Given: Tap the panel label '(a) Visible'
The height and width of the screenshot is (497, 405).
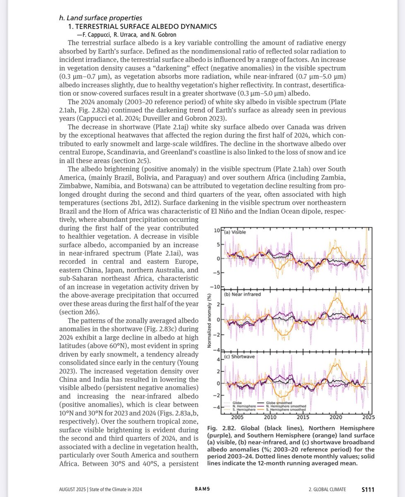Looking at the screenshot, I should point(235,232).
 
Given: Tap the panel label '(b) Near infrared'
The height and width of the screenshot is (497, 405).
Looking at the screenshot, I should point(242,294).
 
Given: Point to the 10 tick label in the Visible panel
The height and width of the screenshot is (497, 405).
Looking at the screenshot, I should point(217,230).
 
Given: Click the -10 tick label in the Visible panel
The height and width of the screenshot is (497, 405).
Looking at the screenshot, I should point(215,287).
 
